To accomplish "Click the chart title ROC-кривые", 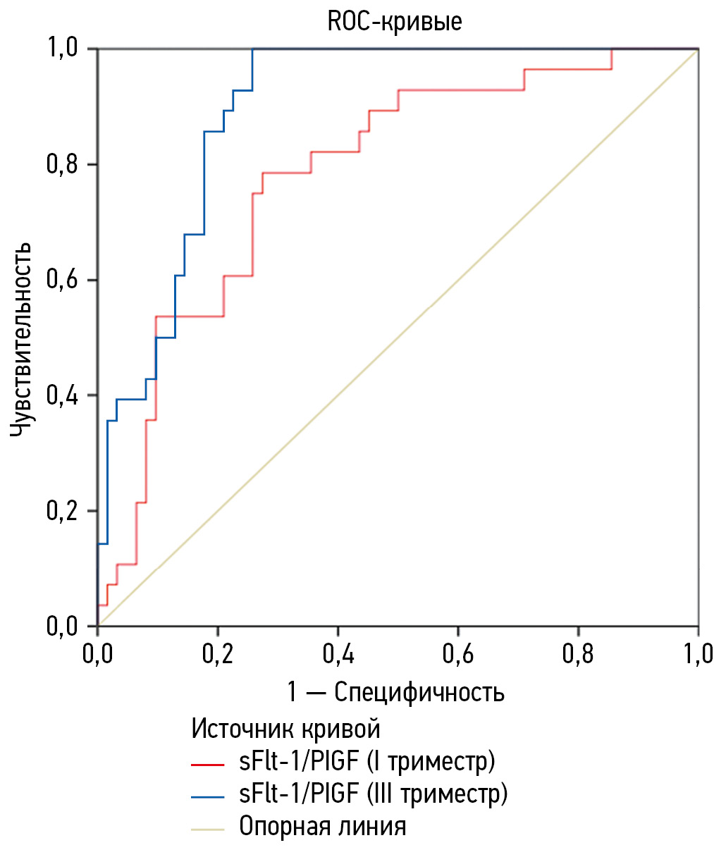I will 395,21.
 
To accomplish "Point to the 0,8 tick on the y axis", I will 63,165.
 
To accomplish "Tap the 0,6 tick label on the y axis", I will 63,280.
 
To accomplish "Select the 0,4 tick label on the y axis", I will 63,395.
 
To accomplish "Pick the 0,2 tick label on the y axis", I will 63,511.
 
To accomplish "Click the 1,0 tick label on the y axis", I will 63,49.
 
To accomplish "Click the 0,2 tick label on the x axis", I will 218,654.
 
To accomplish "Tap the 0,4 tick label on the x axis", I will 338,654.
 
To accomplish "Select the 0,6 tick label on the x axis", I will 458,654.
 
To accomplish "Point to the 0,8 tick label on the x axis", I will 578,654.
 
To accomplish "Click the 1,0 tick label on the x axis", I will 697,654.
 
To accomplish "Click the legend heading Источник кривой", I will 285,728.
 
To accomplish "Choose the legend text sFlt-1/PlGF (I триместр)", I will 367,762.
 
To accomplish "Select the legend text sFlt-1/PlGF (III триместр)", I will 373,794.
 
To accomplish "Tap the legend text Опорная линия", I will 323,826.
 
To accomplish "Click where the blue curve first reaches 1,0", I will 252,49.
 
